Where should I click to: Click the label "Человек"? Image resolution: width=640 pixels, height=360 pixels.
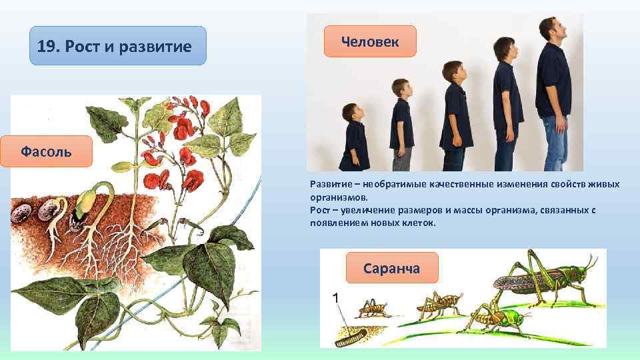point(369,42)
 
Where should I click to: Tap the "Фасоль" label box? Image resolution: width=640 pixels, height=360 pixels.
point(46,151)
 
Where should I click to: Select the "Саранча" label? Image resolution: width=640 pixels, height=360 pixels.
point(391,268)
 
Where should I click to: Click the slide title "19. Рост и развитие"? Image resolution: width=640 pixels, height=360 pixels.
point(115,47)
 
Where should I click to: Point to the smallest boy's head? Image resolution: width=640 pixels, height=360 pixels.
point(353,113)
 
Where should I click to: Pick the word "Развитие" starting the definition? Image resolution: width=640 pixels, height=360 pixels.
point(331,184)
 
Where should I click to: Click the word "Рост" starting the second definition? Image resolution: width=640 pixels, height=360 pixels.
point(320,210)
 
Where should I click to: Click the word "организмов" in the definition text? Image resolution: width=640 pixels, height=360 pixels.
point(337,197)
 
